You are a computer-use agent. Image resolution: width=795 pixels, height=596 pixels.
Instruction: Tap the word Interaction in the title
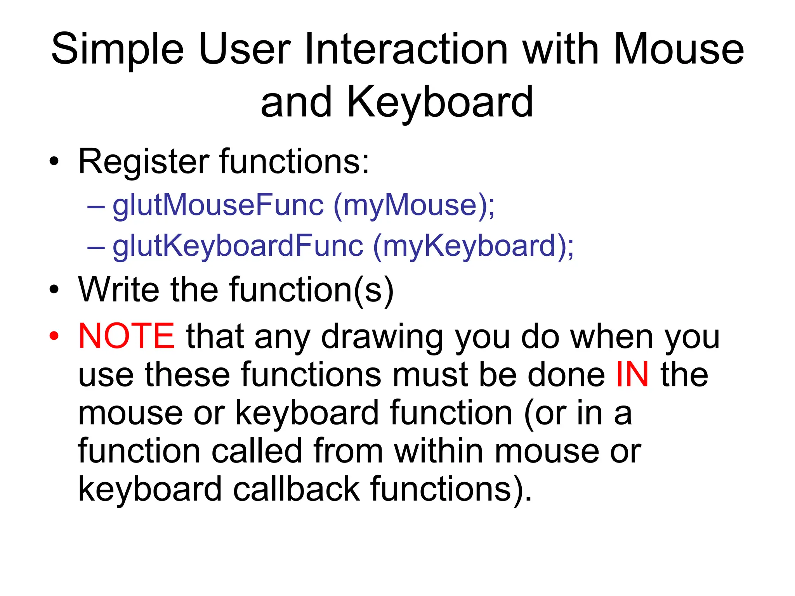(x=406, y=49)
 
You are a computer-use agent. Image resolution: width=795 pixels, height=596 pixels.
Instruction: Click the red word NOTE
(x=127, y=336)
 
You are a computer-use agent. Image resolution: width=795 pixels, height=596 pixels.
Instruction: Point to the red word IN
(x=632, y=374)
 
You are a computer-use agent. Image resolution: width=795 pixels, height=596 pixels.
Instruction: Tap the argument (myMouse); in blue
(x=414, y=206)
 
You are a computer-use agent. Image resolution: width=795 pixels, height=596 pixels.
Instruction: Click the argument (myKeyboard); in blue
(x=473, y=246)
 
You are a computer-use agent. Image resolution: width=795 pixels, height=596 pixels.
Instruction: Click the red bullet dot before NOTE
(x=54, y=336)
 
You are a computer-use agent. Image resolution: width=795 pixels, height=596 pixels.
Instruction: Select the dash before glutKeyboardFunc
(x=96, y=247)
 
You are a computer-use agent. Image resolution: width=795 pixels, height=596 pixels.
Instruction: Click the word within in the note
(x=439, y=451)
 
